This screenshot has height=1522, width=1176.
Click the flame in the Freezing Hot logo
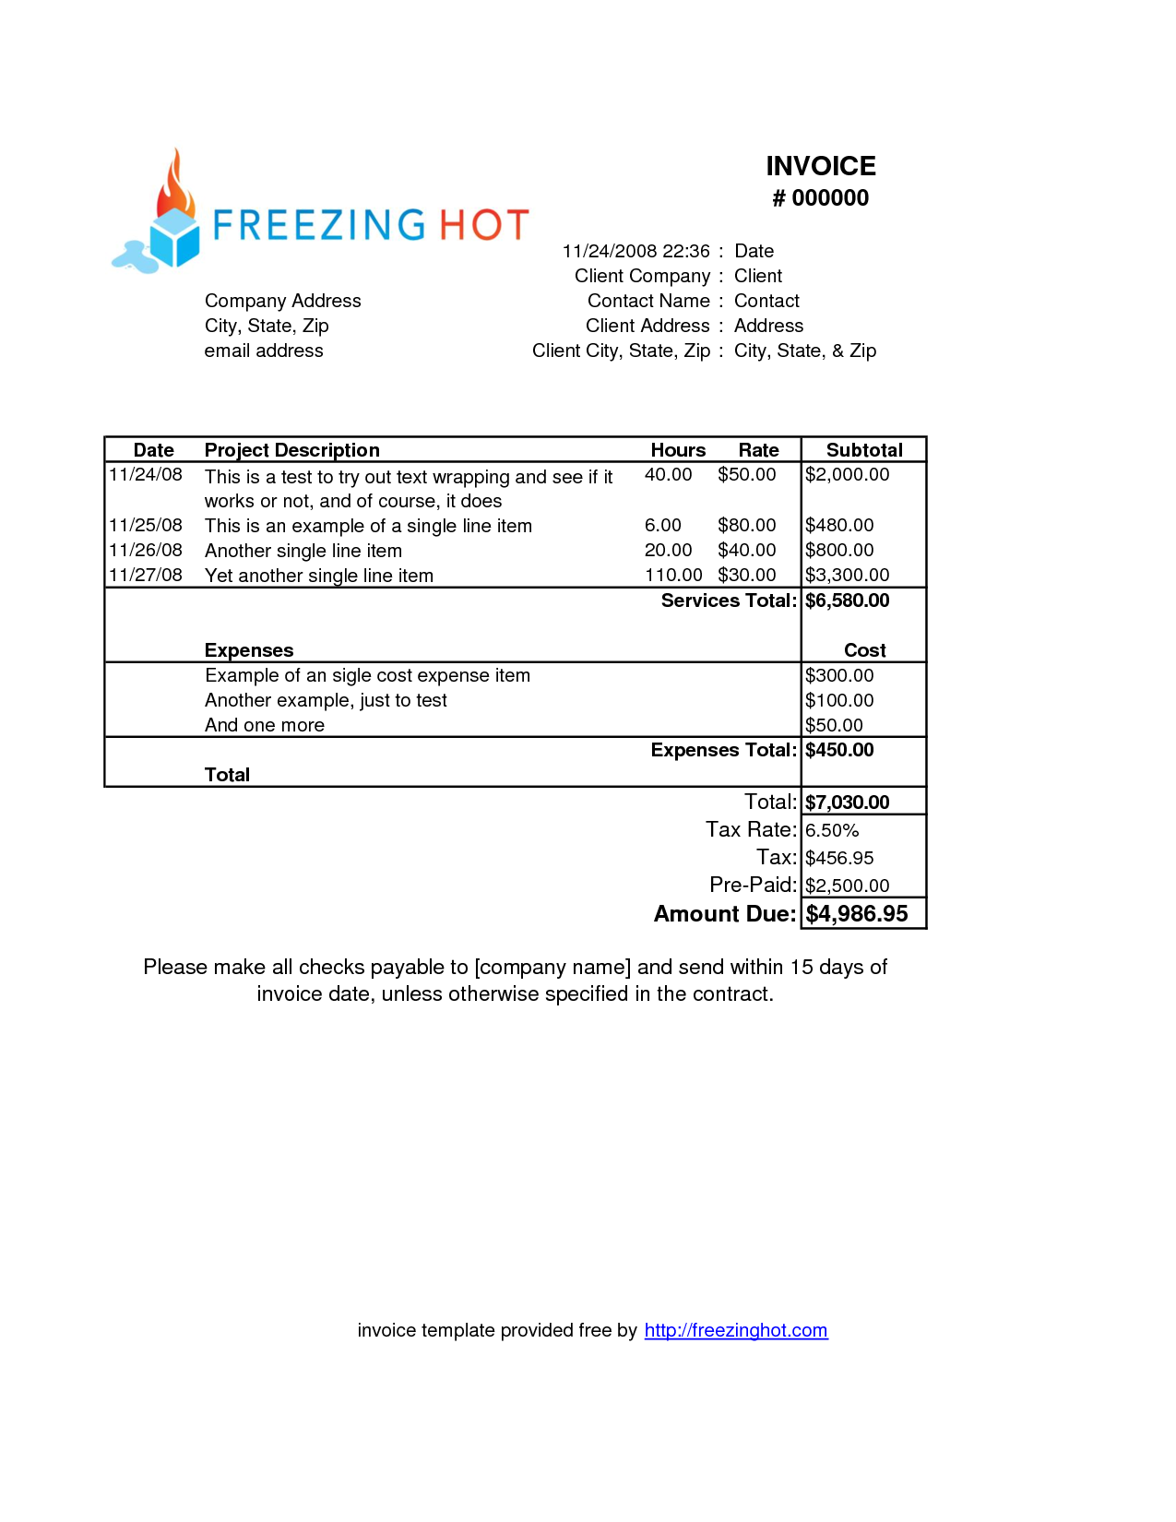pos(174,186)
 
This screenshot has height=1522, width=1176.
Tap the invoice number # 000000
pos(820,198)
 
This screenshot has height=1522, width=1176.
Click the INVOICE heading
pos(820,166)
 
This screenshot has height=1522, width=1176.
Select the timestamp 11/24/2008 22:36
pos(636,251)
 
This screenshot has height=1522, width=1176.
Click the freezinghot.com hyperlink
pos(735,1330)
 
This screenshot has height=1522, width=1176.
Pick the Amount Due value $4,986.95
pos(856,914)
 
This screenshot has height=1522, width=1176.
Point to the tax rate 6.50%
pos(831,830)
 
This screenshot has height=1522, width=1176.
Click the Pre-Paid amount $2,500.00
pos(847,886)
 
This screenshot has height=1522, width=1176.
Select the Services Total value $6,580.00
pos(847,600)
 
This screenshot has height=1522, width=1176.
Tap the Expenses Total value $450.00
pos(838,750)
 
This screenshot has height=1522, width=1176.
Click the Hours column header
pos(678,450)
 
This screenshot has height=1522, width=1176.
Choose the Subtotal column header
pos(863,450)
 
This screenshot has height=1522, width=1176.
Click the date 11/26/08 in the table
pos(146,551)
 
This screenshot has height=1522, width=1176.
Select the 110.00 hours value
pos(672,576)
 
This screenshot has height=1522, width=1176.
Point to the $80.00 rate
pos(746,526)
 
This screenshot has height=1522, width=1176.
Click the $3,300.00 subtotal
pos(847,576)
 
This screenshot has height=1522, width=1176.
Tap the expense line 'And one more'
pos(265,725)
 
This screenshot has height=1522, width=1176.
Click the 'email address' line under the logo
pos(264,351)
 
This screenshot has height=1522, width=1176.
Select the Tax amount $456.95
pos(838,858)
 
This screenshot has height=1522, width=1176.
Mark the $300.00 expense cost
pos(838,675)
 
